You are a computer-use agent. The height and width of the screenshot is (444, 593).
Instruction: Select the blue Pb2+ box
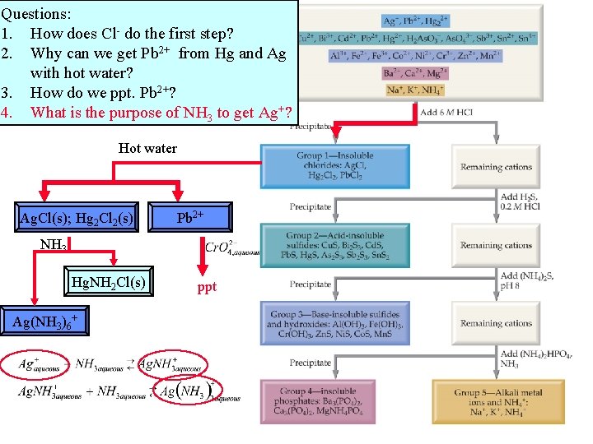click(x=190, y=217)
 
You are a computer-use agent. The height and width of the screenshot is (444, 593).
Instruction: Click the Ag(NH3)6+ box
click(x=44, y=321)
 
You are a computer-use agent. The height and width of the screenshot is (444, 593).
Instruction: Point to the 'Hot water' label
click(x=147, y=148)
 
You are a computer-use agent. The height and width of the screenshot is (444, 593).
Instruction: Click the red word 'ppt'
click(x=208, y=288)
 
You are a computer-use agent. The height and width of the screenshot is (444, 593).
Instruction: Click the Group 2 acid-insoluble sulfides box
click(x=335, y=245)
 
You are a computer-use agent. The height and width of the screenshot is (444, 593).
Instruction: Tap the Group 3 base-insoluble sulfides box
click(x=335, y=323)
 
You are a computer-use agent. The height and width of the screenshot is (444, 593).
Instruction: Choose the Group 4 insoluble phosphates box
click(x=335, y=402)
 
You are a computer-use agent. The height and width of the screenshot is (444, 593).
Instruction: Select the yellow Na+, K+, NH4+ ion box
click(x=416, y=90)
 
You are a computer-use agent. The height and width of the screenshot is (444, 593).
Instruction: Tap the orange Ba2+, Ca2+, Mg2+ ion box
click(x=416, y=73)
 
